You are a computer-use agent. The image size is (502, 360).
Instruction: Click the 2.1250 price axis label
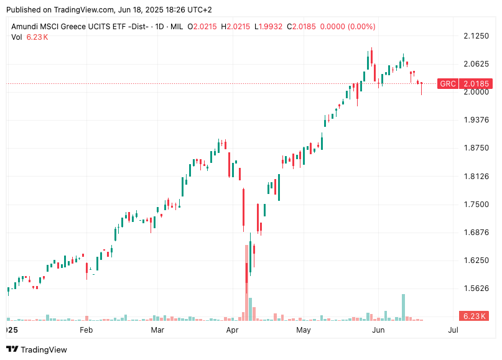point(476,36)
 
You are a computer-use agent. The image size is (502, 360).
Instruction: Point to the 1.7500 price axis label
point(476,205)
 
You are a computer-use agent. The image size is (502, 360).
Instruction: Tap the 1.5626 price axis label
point(476,288)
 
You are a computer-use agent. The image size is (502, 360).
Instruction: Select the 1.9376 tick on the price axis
point(476,120)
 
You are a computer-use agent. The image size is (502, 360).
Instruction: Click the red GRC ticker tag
point(448,83)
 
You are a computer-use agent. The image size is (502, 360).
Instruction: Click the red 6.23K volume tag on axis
point(474,316)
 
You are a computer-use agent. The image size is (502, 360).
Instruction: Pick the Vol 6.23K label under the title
point(29,37)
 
